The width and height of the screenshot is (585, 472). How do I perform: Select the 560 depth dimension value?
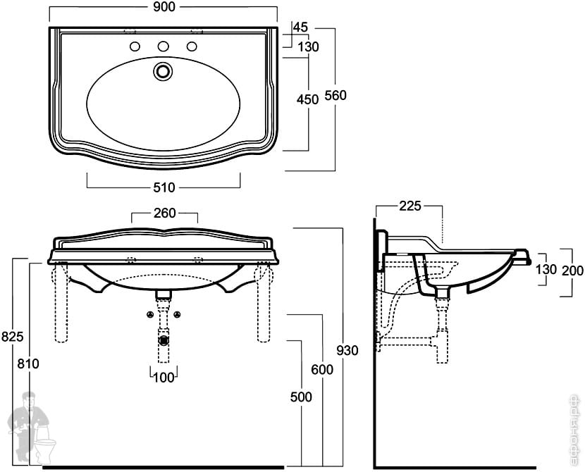click(335, 96)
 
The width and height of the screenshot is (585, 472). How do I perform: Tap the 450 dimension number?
click(308, 100)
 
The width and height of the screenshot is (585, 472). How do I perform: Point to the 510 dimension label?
click(164, 187)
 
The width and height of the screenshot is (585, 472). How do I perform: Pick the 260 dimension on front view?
click(164, 213)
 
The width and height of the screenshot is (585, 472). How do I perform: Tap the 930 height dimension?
click(347, 350)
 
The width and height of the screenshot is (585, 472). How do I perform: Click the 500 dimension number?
click(301, 397)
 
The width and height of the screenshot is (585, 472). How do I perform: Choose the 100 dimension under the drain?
click(164, 378)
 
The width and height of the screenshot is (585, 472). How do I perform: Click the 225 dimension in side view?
click(409, 206)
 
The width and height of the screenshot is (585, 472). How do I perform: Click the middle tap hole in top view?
click(164, 47)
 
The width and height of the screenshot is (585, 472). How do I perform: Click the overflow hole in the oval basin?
click(164, 70)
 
